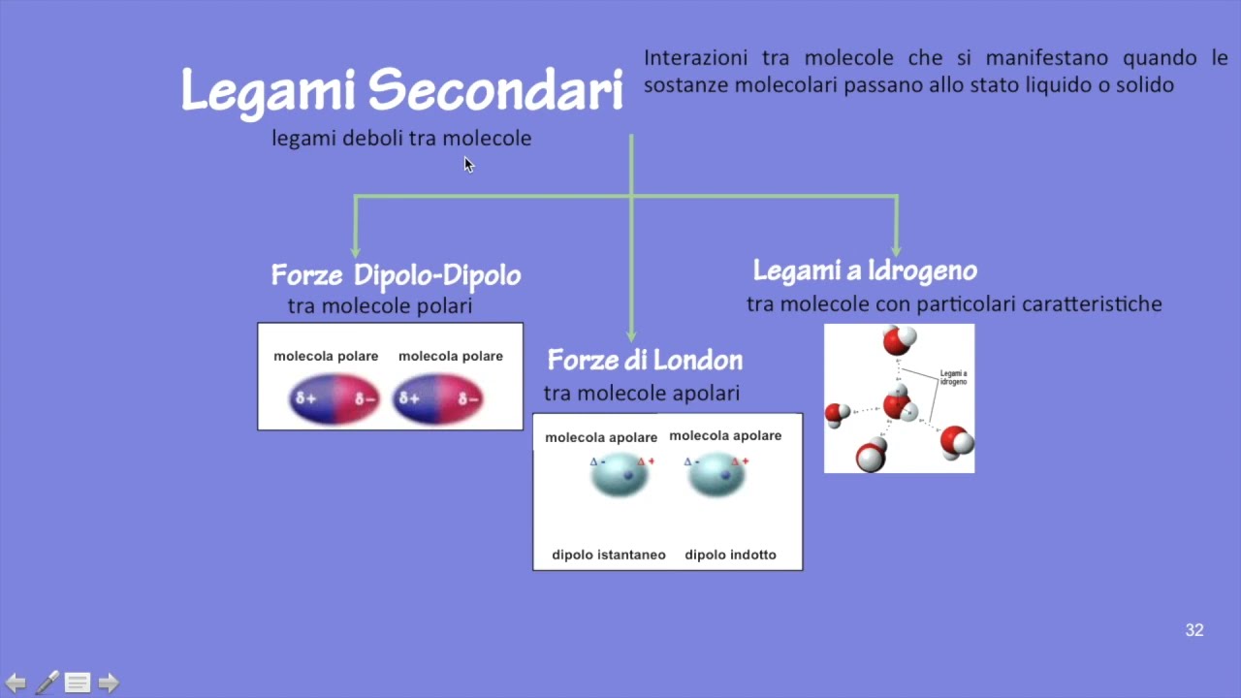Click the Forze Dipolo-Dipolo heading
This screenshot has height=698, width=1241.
tap(396, 275)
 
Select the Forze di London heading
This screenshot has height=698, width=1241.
tap(645, 361)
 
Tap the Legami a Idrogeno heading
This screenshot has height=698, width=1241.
tap(865, 270)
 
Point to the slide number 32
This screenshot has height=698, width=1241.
tap(1194, 630)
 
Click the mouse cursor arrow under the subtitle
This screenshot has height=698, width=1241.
tap(468, 164)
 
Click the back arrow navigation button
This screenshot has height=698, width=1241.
tap(16, 682)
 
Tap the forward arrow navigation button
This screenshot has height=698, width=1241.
tap(109, 682)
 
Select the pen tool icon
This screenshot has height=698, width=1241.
tap(47, 682)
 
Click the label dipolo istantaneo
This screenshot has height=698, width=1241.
tap(609, 555)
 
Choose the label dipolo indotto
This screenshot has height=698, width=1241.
tap(730, 555)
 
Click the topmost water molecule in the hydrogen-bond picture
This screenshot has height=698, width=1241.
tap(899, 340)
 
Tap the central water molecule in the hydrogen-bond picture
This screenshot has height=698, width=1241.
tap(900, 404)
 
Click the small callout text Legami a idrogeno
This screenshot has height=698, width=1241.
tap(953, 377)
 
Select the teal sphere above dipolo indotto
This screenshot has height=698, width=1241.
tap(716, 475)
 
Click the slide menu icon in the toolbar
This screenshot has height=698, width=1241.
tap(78, 682)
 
